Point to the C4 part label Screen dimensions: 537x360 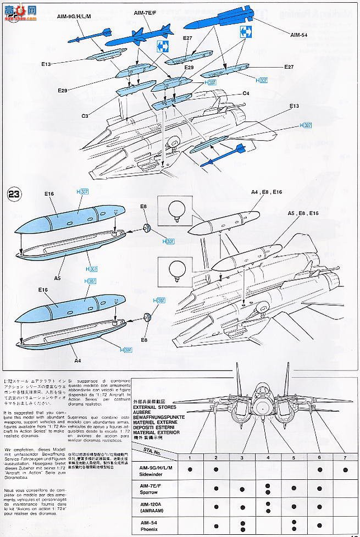(246, 94)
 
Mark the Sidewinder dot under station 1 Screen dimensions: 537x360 (189, 468)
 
